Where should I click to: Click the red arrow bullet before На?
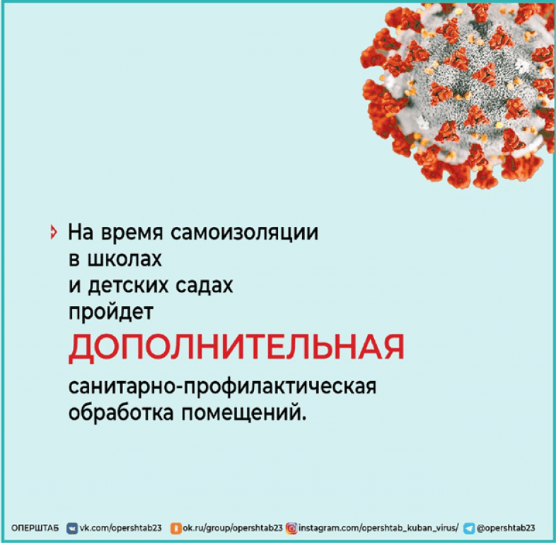54,232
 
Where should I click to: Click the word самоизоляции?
244,233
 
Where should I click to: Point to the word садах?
204,286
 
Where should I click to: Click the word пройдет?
110,313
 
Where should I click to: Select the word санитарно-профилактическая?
222,386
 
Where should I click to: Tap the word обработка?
121,412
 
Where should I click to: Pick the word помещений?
243,413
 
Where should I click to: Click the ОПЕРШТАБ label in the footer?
35,528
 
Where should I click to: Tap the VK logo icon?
72,528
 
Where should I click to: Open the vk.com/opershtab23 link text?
120,527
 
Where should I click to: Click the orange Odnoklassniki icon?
176,528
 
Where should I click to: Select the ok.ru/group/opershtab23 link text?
233,527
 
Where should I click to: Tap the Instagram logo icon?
291,528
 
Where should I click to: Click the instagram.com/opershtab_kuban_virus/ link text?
378,527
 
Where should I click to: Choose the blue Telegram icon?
469,528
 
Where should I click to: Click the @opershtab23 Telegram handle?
506,527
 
